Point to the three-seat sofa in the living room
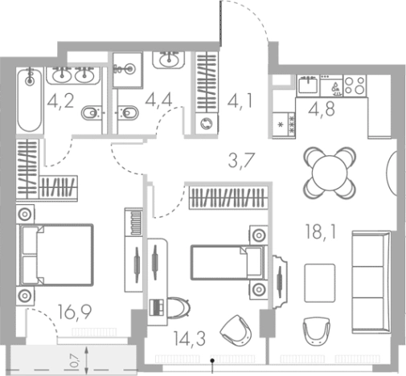371,273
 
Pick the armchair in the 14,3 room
236,327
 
